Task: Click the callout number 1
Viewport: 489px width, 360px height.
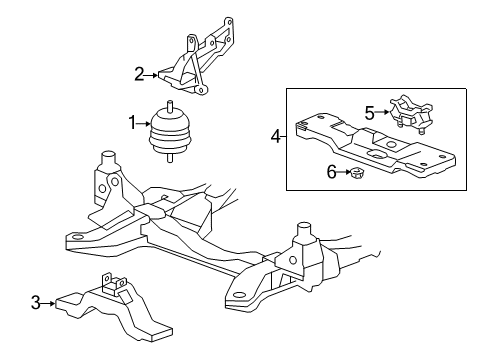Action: [130, 123]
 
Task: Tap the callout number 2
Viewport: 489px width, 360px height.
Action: [140, 72]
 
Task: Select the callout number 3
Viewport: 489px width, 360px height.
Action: [36, 301]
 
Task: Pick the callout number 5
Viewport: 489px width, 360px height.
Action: [369, 113]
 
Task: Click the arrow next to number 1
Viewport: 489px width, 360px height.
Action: [142, 123]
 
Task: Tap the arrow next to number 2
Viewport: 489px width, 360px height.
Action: [153, 72]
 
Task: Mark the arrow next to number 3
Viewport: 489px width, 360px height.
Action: [49, 301]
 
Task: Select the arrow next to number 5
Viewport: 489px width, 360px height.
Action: [383, 113]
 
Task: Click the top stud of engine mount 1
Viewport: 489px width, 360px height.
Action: [169, 106]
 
